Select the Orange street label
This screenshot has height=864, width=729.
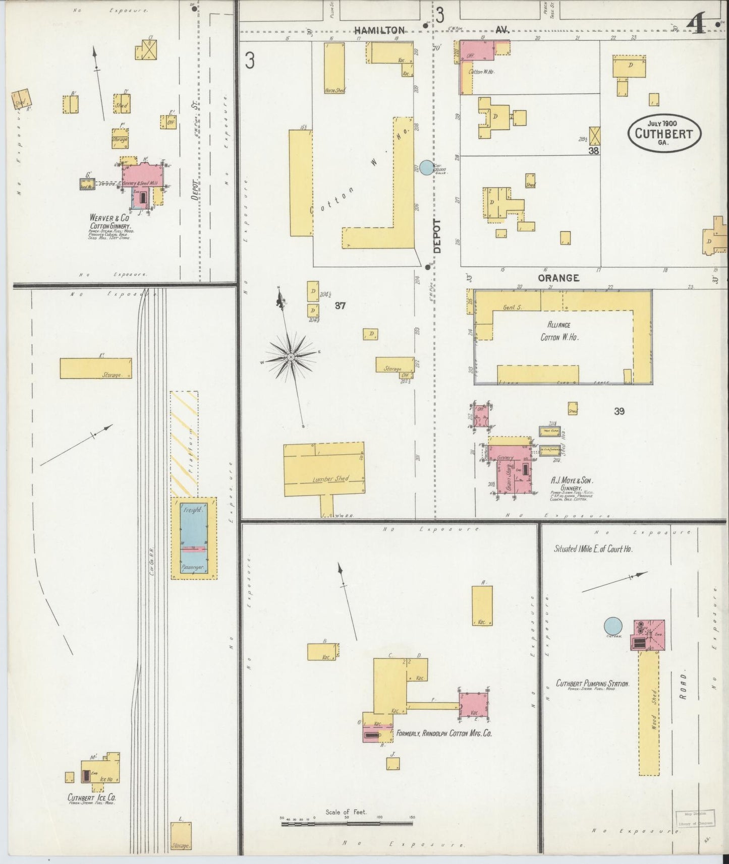(x=558, y=278)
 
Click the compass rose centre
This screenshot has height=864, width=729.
(x=291, y=357)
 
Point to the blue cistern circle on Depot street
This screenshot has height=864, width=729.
(x=427, y=167)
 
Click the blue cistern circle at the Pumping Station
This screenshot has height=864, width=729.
(x=613, y=626)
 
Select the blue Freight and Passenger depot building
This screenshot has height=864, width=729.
(x=194, y=538)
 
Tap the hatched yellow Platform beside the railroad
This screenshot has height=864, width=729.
(x=184, y=444)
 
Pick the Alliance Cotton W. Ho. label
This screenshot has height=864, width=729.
(x=559, y=331)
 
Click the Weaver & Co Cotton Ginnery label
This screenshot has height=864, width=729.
(x=109, y=222)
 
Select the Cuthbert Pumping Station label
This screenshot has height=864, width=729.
(x=592, y=684)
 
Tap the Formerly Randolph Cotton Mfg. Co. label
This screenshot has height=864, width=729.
(x=444, y=733)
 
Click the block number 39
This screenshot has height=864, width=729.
(x=619, y=411)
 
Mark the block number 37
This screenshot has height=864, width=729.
(x=341, y=305)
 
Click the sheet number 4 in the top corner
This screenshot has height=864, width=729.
(x=698, y=25)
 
